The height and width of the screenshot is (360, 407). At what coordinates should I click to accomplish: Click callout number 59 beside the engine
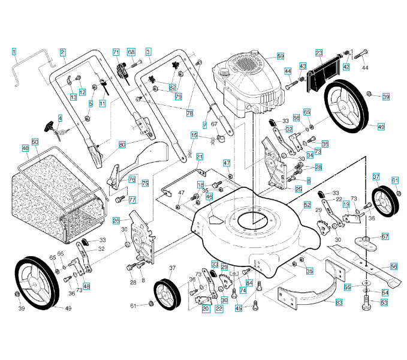tap(280, 56)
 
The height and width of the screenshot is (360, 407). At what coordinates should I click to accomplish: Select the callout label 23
tap(319, 53)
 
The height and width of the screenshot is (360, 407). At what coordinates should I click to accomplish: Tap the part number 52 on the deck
tap(307, 205)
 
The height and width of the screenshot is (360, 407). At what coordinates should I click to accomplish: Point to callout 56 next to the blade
tap(394, 266)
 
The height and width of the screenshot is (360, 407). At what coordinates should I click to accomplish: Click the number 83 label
tap(339, 303)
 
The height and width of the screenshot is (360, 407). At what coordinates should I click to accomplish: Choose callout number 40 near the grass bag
tap(25, 148)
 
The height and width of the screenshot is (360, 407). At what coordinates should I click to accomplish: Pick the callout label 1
tap(14, 52)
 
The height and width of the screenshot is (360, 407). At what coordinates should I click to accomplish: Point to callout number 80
tap(122, 145)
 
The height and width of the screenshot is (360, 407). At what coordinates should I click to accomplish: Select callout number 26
tap(116, 220)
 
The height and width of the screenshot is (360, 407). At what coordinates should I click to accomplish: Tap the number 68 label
tap(131, 52)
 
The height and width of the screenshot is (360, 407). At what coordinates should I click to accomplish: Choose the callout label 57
tap(385, 236)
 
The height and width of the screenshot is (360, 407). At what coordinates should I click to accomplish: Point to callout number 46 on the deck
tap(209, 196)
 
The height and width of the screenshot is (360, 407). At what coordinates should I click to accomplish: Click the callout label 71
tap(116, 53)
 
